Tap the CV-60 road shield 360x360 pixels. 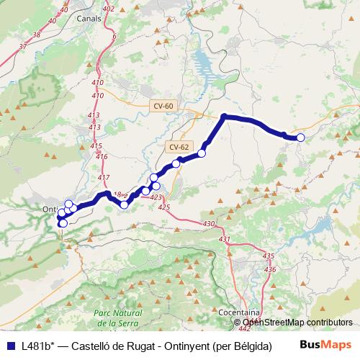point(163,106)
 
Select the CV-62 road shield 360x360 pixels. point(179,147)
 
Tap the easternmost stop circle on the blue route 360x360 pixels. point(300,138)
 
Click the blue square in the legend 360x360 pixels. point(10,346)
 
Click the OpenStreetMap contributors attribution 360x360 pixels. point(297,323)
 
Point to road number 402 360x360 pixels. point(109,9)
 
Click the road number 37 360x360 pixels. point(24,46)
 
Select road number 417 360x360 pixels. point(104,178)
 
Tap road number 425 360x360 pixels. point(163,207)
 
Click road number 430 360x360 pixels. point(209,225)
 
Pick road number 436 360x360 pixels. point(271,269)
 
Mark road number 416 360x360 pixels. point(101,156)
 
